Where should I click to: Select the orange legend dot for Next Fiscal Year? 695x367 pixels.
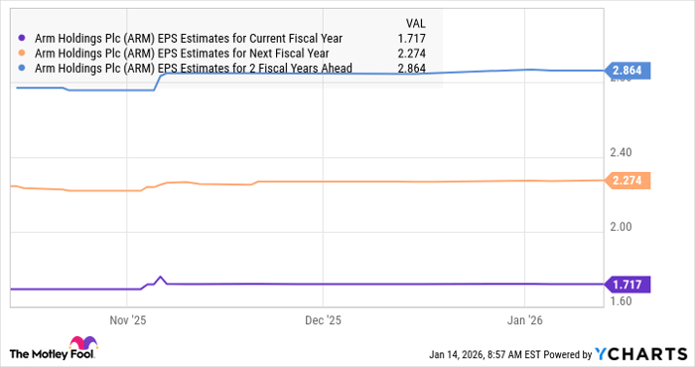(22, 53)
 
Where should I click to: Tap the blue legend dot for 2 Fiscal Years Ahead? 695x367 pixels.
(22, 68)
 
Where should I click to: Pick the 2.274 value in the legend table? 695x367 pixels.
(424, 53)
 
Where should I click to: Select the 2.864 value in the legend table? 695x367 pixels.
(424, 68)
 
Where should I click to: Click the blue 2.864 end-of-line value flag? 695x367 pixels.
(629, 72)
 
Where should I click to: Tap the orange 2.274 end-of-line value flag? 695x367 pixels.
(629, 181)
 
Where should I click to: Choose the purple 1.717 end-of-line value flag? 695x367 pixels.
(629, 284)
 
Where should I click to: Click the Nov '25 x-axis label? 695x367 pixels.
(127, 320)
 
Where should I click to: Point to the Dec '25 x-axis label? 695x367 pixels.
(322, 320)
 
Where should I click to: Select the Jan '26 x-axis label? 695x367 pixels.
(524, 320)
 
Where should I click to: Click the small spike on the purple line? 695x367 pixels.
(160, 278)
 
